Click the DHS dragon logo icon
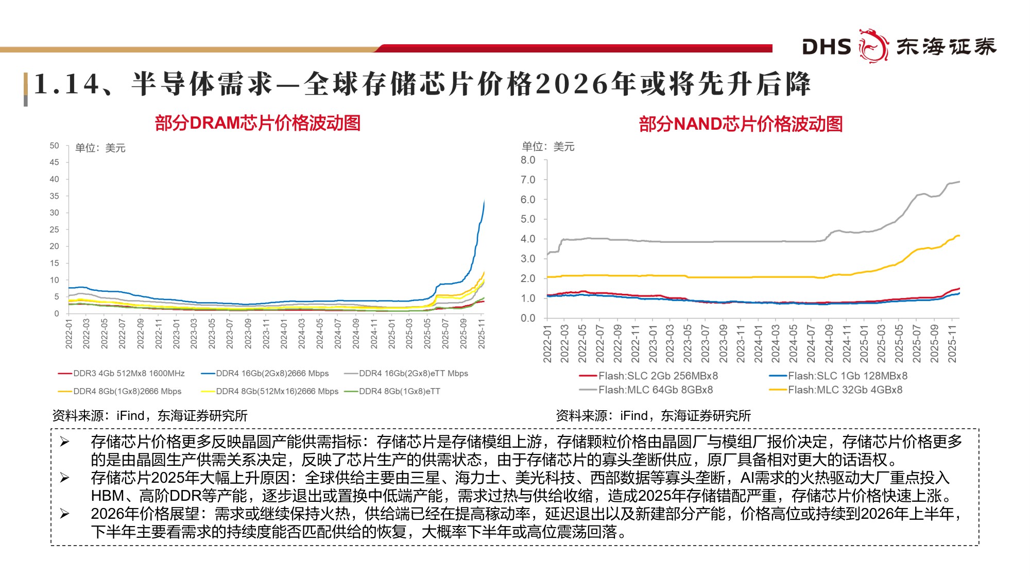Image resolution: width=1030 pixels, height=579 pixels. point(873,46)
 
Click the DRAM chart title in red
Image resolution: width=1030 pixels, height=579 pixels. point(257,123)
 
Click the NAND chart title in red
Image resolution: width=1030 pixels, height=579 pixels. point(741,124)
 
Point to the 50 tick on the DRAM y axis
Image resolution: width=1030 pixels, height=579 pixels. point(54,146)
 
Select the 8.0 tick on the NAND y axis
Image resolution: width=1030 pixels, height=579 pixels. point(528,160)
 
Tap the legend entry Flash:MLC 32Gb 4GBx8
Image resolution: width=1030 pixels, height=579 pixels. point(845,390)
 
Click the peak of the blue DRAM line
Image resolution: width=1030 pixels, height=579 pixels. point(484,201)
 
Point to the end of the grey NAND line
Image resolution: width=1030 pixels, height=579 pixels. point(959,182)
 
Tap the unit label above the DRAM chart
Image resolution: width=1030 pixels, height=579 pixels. point(100,148)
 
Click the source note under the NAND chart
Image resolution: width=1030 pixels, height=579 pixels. point(653,415)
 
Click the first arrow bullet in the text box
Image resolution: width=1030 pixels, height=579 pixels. point(64,442)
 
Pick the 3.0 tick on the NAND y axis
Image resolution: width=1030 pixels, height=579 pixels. point(528,259)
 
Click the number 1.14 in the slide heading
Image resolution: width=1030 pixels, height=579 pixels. point(67,84)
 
